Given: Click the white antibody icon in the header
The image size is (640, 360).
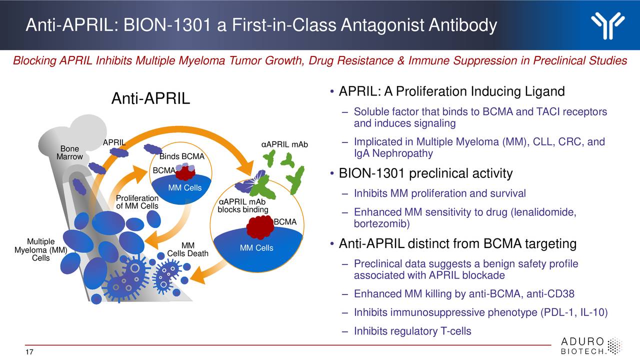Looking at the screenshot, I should coord(607,25).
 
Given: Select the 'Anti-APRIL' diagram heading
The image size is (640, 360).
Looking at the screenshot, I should coord(150,98).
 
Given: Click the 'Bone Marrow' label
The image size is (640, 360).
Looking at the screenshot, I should coord(69,153).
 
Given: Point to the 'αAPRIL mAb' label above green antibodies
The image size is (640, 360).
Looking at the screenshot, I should coord(284,145).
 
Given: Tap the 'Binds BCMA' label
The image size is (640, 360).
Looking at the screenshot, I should coord(182,156).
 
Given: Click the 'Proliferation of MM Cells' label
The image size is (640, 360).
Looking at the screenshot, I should coord(137,202).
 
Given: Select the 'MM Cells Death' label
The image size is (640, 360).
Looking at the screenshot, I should coord(187,249).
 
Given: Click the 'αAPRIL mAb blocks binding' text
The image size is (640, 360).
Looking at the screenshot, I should coord(243,205).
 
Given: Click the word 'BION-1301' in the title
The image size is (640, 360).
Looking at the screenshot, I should coord(167,25).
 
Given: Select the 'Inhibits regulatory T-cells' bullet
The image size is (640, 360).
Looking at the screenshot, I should coord(412,331).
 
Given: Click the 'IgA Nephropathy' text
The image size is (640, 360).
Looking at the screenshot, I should coord(393,153).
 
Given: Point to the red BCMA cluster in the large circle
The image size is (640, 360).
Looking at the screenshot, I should coord(260,227).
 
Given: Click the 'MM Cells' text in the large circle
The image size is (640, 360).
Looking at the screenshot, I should coord(256,248).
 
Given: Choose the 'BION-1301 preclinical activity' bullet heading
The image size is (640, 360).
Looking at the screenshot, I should coord(425,173).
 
